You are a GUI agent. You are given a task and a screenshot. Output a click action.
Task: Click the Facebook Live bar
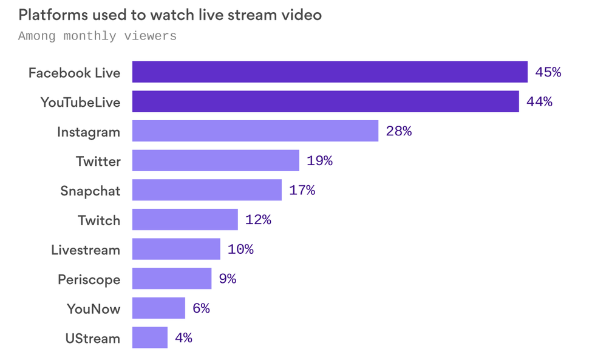tap(330, 72)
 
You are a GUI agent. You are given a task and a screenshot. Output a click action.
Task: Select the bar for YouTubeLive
tap(325, 101)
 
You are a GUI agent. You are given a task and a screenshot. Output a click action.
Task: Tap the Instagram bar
tap(255, 131)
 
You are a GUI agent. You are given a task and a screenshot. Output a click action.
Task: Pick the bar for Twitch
tap(185, 220)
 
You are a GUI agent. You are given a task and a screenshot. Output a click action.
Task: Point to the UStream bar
tap(149, 338)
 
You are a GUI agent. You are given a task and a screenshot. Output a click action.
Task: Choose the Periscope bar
tap(172, 279)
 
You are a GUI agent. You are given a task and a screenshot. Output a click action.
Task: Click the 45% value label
tap(548, 72)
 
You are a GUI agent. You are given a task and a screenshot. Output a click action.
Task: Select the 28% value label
tap(399, 131)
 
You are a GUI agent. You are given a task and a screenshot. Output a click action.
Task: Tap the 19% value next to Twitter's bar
tap(319, 161)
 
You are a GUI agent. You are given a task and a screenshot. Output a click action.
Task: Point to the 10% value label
tap(240, 250)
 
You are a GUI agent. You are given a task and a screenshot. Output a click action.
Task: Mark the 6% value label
tap(201, 308)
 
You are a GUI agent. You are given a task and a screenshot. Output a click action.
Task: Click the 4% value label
tap(183, 338)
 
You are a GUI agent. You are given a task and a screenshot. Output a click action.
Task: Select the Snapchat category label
tap(90, 191)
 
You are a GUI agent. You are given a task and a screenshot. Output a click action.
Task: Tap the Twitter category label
tap(98, 161)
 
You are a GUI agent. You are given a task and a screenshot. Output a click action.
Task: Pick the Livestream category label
tap(86, 250)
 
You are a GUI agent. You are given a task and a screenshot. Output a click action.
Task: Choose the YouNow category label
tap(93, 309)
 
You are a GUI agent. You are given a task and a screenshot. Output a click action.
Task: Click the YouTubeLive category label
tap(81, 102)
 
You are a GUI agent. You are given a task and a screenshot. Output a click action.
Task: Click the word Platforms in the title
tap(53, 15)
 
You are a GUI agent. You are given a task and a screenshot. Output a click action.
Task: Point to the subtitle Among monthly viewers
tap(97, 36)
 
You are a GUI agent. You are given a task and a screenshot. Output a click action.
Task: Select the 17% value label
tap(302, 191)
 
